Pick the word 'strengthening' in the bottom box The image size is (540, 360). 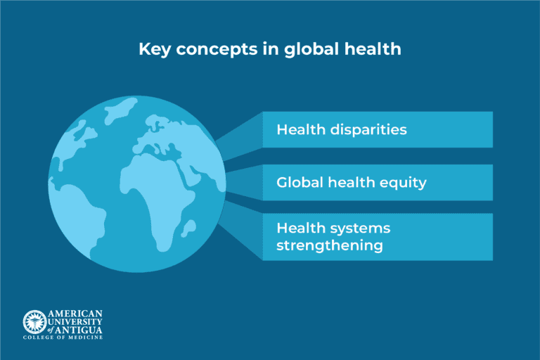[330, 245]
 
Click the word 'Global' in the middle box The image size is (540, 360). [296, 183]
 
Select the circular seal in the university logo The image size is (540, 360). [34, 321]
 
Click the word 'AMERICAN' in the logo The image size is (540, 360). [75, 314]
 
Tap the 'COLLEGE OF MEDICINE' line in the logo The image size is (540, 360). [63, 338]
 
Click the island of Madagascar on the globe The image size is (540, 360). [188, 227]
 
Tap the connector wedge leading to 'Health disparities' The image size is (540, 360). [239, 137]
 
